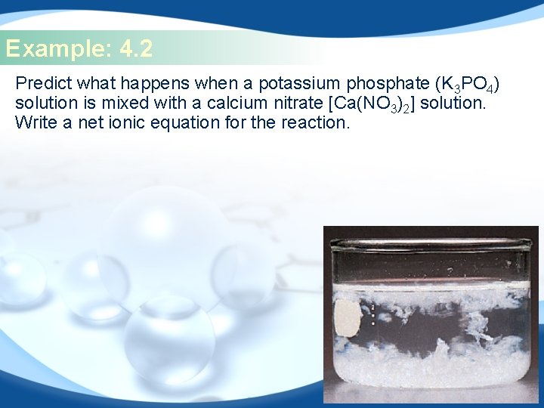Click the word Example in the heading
click(x=57, y=50)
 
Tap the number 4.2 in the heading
click(x=136, y=50)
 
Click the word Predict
click(x=42, y=82)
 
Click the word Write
click(x=35, y=122)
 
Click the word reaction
click(x=311, y=122)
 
